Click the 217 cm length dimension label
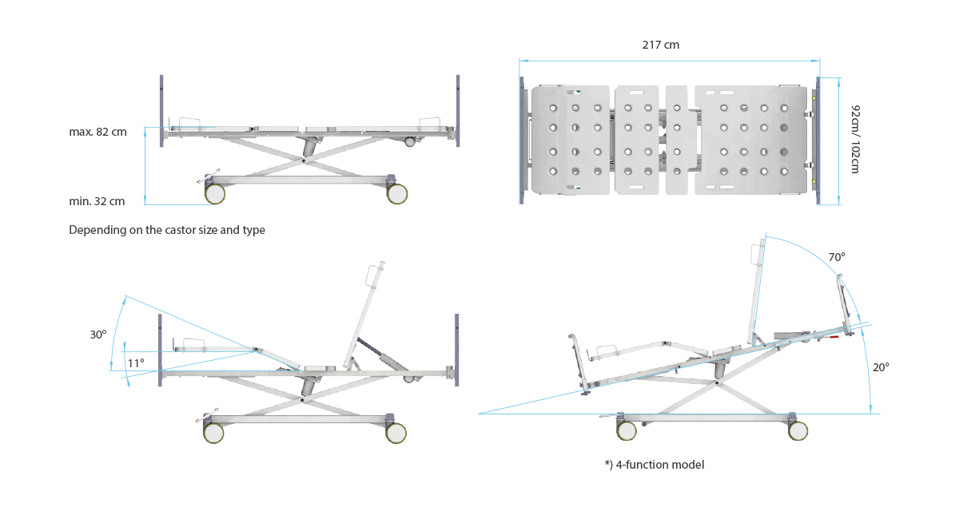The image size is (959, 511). tap(661, 45)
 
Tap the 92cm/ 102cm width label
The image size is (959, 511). tap(855, 139)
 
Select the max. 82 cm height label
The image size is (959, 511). tap(97, 132)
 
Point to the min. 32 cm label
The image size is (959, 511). tap(97, 201)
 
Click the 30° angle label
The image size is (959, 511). tap(98, 335)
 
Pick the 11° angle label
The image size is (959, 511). tap(136, 363)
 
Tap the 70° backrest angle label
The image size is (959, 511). tap(837, 257)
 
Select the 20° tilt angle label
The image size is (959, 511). tap(881, 367)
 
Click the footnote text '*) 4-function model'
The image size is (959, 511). tap(655, 465)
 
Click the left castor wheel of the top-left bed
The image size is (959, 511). tap(215, 194)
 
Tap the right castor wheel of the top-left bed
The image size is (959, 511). tap(397, 194)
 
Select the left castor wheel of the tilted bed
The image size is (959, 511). tap(627, 430)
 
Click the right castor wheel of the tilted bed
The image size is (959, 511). tap(798, 430)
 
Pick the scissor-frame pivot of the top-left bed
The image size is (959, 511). tap(304, 160)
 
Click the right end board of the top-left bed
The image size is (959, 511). tap(458, 111)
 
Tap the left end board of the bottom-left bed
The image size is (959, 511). tap(160, 351)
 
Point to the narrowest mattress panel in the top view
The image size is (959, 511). tap(676, 140)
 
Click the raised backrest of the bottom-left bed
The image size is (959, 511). tap(364, 315)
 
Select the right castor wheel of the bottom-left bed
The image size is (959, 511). tap(396, 434)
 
